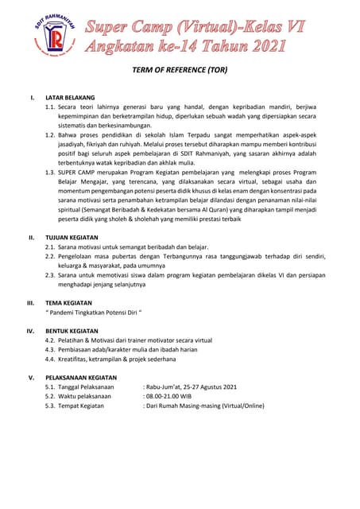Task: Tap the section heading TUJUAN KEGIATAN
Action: pyautogui.click(x=72, y=237)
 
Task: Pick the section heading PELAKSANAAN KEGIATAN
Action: pyautogui.click(x=81, y=378)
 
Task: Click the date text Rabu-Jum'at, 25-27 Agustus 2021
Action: pyautogui.click(x=192, y=387)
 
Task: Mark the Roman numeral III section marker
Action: pyautogui.click(x=30, y=303)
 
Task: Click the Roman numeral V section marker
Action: pyautogui.click(x=31, y=378)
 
